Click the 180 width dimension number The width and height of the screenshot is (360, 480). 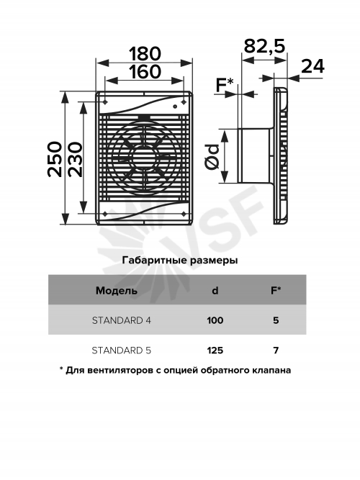click(145, 53)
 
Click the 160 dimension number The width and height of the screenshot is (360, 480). click(145, 72)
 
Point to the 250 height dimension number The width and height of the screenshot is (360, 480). click(55, 159)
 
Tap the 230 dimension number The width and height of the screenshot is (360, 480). click(75, 159)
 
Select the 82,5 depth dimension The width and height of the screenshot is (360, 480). click(264, 46)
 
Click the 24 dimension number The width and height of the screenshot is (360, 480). click(312, 66)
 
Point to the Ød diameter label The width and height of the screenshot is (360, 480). click(212, 156)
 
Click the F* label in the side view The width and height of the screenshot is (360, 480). click(225, 84)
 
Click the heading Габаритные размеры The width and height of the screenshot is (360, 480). click(180, 261)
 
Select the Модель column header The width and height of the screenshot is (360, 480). click(117, 290)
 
